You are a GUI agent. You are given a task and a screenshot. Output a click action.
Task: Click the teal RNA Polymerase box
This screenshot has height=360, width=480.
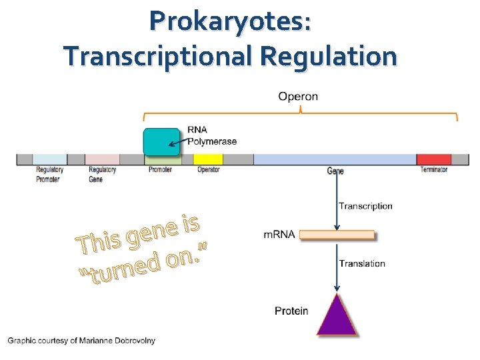162,142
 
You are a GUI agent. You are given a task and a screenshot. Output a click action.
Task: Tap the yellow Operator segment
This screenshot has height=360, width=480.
208,159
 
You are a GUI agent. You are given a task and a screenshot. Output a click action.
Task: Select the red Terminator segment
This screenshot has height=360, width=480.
434,159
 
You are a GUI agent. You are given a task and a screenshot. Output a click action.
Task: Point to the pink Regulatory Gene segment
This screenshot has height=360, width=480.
103,159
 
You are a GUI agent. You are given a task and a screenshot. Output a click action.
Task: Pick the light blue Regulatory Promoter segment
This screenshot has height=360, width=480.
50,159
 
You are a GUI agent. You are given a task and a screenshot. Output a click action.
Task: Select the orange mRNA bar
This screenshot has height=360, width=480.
337,235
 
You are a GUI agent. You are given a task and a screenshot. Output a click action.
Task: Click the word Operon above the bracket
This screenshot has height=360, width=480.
298,96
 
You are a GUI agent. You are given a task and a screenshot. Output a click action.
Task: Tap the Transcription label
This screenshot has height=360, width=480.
365,206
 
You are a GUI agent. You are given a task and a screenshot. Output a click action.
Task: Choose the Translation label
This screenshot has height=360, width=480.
362,263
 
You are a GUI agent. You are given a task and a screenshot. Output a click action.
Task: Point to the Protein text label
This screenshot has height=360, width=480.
291,311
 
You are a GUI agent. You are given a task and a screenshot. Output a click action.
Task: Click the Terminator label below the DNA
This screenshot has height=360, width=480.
434,170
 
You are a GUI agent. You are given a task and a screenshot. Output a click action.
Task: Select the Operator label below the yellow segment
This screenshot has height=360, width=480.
209,170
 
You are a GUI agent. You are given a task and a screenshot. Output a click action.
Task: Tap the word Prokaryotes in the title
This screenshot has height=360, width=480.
230,21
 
